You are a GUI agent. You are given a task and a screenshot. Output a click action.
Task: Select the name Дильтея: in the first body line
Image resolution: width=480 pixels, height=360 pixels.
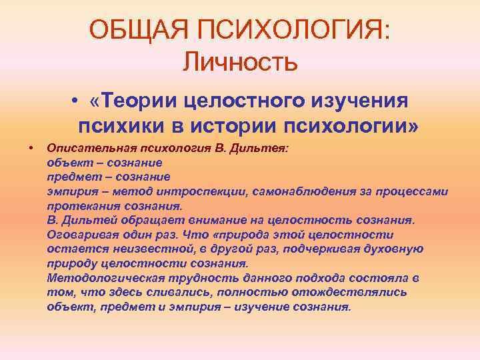(x=265, y=147)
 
